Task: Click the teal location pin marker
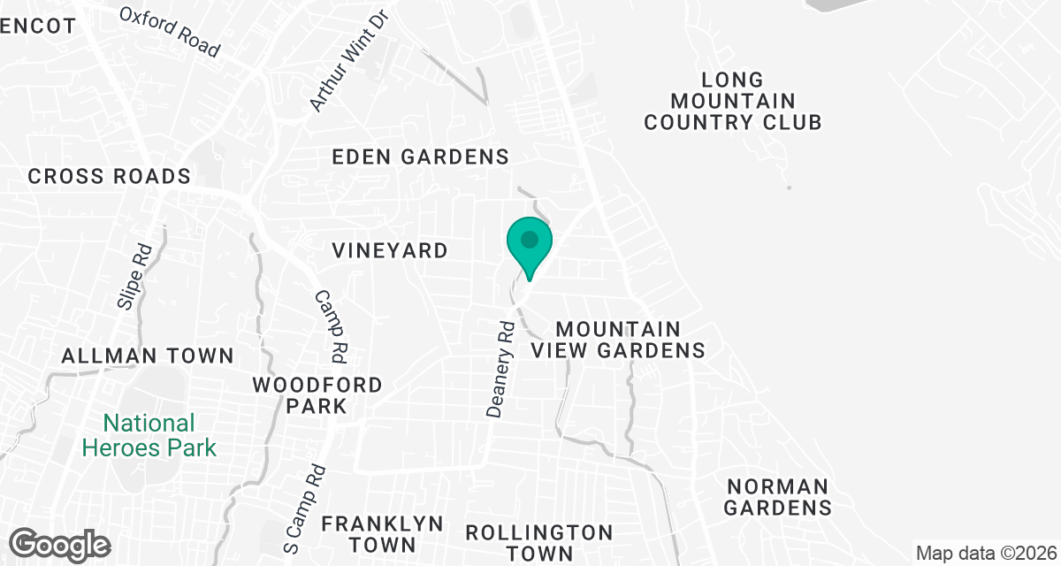tap(530, 244)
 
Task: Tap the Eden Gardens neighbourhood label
tap(420, 157)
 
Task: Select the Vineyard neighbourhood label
tap(390, 251)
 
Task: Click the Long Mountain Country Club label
tap(732, 102)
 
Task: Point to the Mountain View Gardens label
tap(618, 340)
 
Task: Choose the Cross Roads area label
tap(110, 176)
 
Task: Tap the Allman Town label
tap(148, 356)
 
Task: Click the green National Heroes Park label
tap(149, 435)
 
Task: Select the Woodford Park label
tap(317, 396)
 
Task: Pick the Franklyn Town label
tap(382, 533)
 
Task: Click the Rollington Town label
tap(538, 543)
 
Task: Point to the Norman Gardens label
tap(778, 497)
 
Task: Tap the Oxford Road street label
tap(169, 32)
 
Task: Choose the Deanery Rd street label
tap(500, 371)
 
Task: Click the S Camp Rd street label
tap(305, 506)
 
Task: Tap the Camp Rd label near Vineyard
tap(332, 326)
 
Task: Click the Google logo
tap(61, 544)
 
